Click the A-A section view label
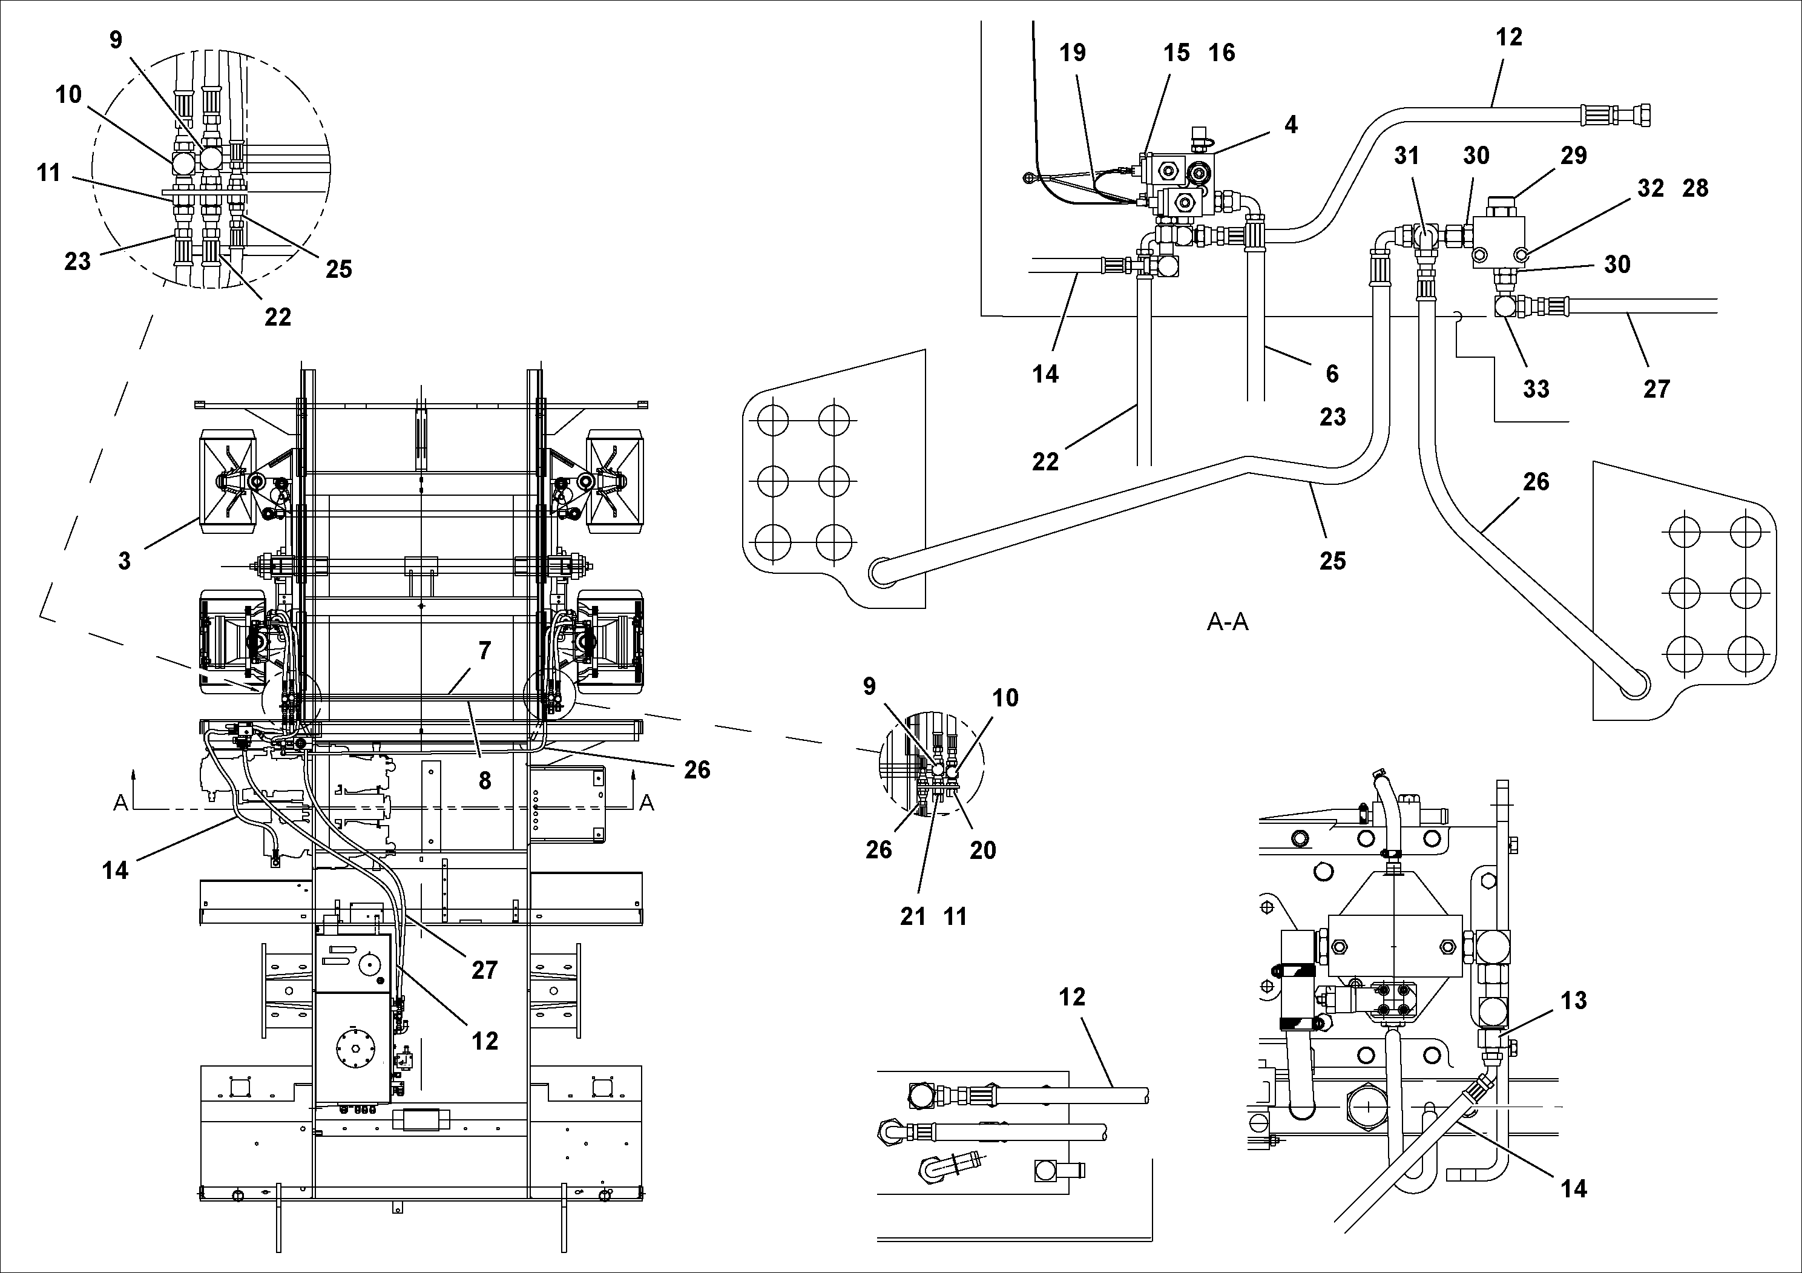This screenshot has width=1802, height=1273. [x=1228, y=622]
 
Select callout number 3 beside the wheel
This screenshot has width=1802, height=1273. [x=124, y=561]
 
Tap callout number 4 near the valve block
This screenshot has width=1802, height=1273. [x=1291, y=124]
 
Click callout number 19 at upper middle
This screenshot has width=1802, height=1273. [x=1072, y=53]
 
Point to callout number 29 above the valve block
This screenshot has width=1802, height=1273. [x=1573, y=156]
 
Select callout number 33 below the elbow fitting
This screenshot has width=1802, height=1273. [x=1536, y=389]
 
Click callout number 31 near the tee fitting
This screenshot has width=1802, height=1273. [x=1407, y=156]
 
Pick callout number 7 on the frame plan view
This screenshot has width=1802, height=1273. [x=484, y=650]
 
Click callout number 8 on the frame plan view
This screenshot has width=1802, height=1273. [x=484, y=780]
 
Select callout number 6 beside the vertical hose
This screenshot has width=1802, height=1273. [x=1332, y=373]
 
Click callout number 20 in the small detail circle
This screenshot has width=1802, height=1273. [x=982, y=850]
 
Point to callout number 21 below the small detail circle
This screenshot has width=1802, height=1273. [x=913, y=916]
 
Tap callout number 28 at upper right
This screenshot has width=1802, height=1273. [x=1695, y=188]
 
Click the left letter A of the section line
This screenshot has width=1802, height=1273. [x=120, y=803]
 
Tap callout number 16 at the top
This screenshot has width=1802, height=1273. [x=1222, y=53]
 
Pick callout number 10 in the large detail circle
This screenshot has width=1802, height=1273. [x=68, y=94]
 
